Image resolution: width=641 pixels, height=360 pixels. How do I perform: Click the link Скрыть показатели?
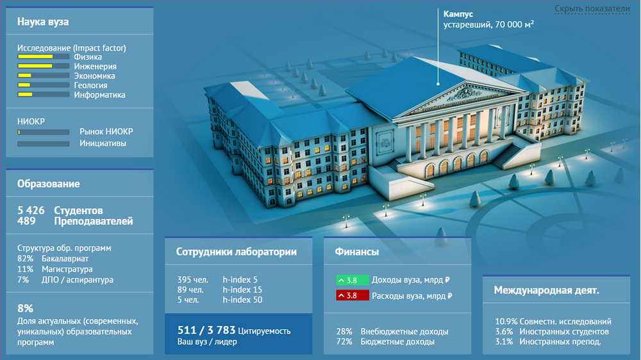pyautogui.click(x=592, y=8)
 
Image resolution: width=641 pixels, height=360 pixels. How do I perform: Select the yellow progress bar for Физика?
pyautogui.click(x=44, y=57)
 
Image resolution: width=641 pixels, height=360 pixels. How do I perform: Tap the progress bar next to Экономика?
pyautogui.click(x=44, y=76)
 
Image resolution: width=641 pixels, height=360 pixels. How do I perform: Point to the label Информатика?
pyautogui.click(x=99, y=95)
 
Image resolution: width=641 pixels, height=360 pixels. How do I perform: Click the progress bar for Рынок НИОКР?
pyautogui.click(x=44, y=132)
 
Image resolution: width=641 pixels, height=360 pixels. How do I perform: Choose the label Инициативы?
pyautogui.click(x=103, y=143)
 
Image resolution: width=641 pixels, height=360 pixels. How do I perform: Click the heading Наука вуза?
pyautogui.click(x=43, y=22)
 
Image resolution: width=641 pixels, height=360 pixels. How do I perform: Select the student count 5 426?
pyautogui.click(x=31, y=211)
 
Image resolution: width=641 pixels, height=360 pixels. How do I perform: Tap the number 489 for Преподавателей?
pyautogui.click(x=26, y=221)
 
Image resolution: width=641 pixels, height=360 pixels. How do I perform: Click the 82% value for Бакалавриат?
pyautogui.click(x=25, y=259)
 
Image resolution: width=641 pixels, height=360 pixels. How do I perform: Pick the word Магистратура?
pyautogui.click(x=67, y=269)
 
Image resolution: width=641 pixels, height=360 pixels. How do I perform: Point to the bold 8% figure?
pyautogui.click(x=25, y=308)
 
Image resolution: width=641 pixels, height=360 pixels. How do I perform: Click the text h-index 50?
pyautogui.click(x=242, y=300)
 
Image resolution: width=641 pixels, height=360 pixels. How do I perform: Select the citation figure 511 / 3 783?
pyautogui.click(x=206, y=330)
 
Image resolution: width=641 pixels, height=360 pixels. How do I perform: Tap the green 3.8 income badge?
pyautogui.click(x=353, y=281)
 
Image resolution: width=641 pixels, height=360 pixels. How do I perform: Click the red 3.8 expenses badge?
pyautogui.click(x=353, y=295)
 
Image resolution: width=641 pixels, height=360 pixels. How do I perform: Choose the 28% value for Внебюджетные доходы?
pyautogui.click(x=344, y=331)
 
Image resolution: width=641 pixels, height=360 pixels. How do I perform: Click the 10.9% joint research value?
pyautogui.click(x=506, y=321)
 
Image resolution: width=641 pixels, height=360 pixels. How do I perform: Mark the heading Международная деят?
pyautogui.click(x=546, y=290)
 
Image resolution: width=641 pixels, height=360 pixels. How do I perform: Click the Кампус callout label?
pyautogui.click(x=458, y=14)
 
